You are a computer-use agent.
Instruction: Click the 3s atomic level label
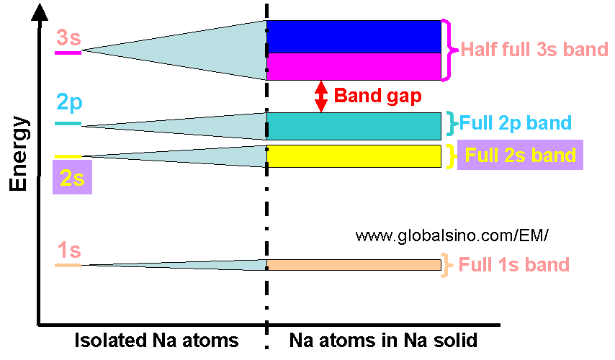(68, 37)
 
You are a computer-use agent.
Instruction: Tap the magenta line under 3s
(68, 52)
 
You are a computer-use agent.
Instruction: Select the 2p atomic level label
(69, 103)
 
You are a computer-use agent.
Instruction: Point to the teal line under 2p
(68, 124)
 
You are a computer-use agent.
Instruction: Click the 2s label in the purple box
(72, 177)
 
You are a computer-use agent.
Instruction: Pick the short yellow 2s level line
(68, 156)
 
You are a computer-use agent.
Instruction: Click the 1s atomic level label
(68, 251)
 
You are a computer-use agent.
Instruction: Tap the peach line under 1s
(68, 266)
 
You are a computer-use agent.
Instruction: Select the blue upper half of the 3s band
(354, 37)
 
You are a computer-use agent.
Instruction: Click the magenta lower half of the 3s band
(354, 66)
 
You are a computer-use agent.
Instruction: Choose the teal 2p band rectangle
(354, 126)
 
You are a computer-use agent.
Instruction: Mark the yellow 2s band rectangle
(354, 156)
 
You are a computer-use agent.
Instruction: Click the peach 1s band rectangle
(354, 265)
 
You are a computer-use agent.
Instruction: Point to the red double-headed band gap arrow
(321, 96)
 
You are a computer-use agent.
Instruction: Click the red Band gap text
(377, 96)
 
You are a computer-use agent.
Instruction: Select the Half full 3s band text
(534, 50)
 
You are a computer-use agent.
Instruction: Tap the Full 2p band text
(516, 122)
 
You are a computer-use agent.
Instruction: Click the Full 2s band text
(520, 155)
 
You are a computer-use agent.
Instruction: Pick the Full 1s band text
(514, 265)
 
